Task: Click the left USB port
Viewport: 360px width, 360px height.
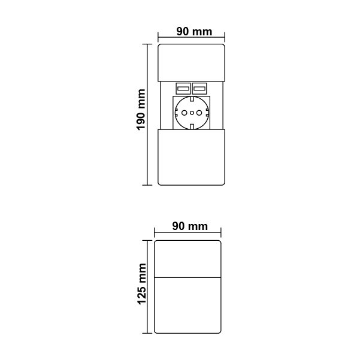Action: pos(183,89)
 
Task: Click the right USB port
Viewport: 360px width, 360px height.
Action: pos(199,89)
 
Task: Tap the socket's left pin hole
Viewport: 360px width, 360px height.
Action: pos(184,113)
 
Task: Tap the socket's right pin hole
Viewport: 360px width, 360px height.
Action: pos(199,113)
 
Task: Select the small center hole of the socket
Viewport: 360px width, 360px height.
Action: pos(192,113)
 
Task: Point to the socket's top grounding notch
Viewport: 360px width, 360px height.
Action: pos(192,99)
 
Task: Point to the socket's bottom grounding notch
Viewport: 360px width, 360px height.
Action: pos(192,126)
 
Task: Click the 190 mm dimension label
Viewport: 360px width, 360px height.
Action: pos(141,110)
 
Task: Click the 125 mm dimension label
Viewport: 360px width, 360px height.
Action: pos(141,284)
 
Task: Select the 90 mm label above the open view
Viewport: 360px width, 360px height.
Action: pos(194,32)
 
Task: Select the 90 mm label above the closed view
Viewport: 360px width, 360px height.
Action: pos(190,226)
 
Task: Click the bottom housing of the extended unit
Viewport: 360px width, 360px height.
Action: pos(191,158)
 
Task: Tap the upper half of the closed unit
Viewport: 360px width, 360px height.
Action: pos(187,259)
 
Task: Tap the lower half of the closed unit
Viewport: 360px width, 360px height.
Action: pos(187,305)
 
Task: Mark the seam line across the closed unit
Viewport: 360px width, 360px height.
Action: pos(187,278)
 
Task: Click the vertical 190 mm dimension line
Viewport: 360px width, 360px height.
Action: pos(147,114)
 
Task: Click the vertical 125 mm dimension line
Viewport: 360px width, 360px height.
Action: pos(147,287)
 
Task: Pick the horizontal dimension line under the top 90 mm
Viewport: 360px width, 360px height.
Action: pos(191,37)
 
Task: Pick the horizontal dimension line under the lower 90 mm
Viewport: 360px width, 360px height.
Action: pos(187,232)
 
